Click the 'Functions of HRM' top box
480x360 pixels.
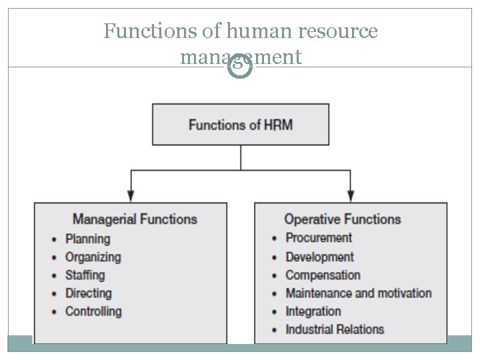[x=241, y=125]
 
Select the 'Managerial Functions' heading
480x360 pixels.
[x=135, y=219]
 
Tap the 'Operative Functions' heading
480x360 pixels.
[x=342, y=219]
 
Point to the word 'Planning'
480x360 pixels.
[x=87, y=239]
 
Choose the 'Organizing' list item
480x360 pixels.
[x=93, y=257]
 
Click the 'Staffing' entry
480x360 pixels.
[x=85, y=275]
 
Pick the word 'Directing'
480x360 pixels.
[x=88, y=293]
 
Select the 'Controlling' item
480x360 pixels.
[x=93, y=311]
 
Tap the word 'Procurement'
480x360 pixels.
[x=319, y=238]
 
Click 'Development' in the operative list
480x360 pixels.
[x=319, y=257]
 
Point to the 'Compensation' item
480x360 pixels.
[x=323, y=275]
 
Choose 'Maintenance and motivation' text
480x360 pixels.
[x=358, y=293]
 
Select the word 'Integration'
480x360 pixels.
[x=313, y=311]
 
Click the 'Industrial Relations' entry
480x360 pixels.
[x=335, y=329]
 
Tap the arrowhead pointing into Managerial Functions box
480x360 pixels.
[x=131, y=196]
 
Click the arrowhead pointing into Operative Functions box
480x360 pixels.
[x=351, y=196]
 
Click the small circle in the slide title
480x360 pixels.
[x=240, y=67]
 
